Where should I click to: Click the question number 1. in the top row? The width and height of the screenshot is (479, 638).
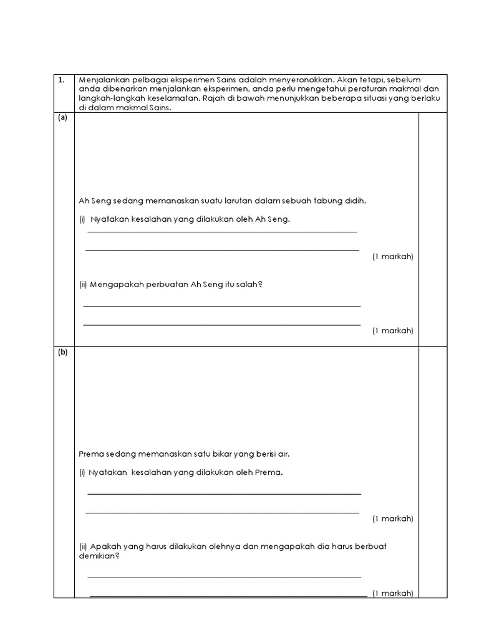[60, 80]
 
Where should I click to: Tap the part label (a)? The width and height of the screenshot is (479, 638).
[62, 118]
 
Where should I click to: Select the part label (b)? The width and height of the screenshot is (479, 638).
[62, 352]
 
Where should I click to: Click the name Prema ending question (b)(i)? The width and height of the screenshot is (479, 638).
[269, 472]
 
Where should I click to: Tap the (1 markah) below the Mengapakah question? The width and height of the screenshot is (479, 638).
[392, 330]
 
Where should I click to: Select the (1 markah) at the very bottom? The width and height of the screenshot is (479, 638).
[392, 593]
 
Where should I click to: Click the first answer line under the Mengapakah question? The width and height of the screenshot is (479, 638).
[221, 305]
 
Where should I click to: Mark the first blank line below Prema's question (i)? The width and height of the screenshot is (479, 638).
[224, 493]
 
